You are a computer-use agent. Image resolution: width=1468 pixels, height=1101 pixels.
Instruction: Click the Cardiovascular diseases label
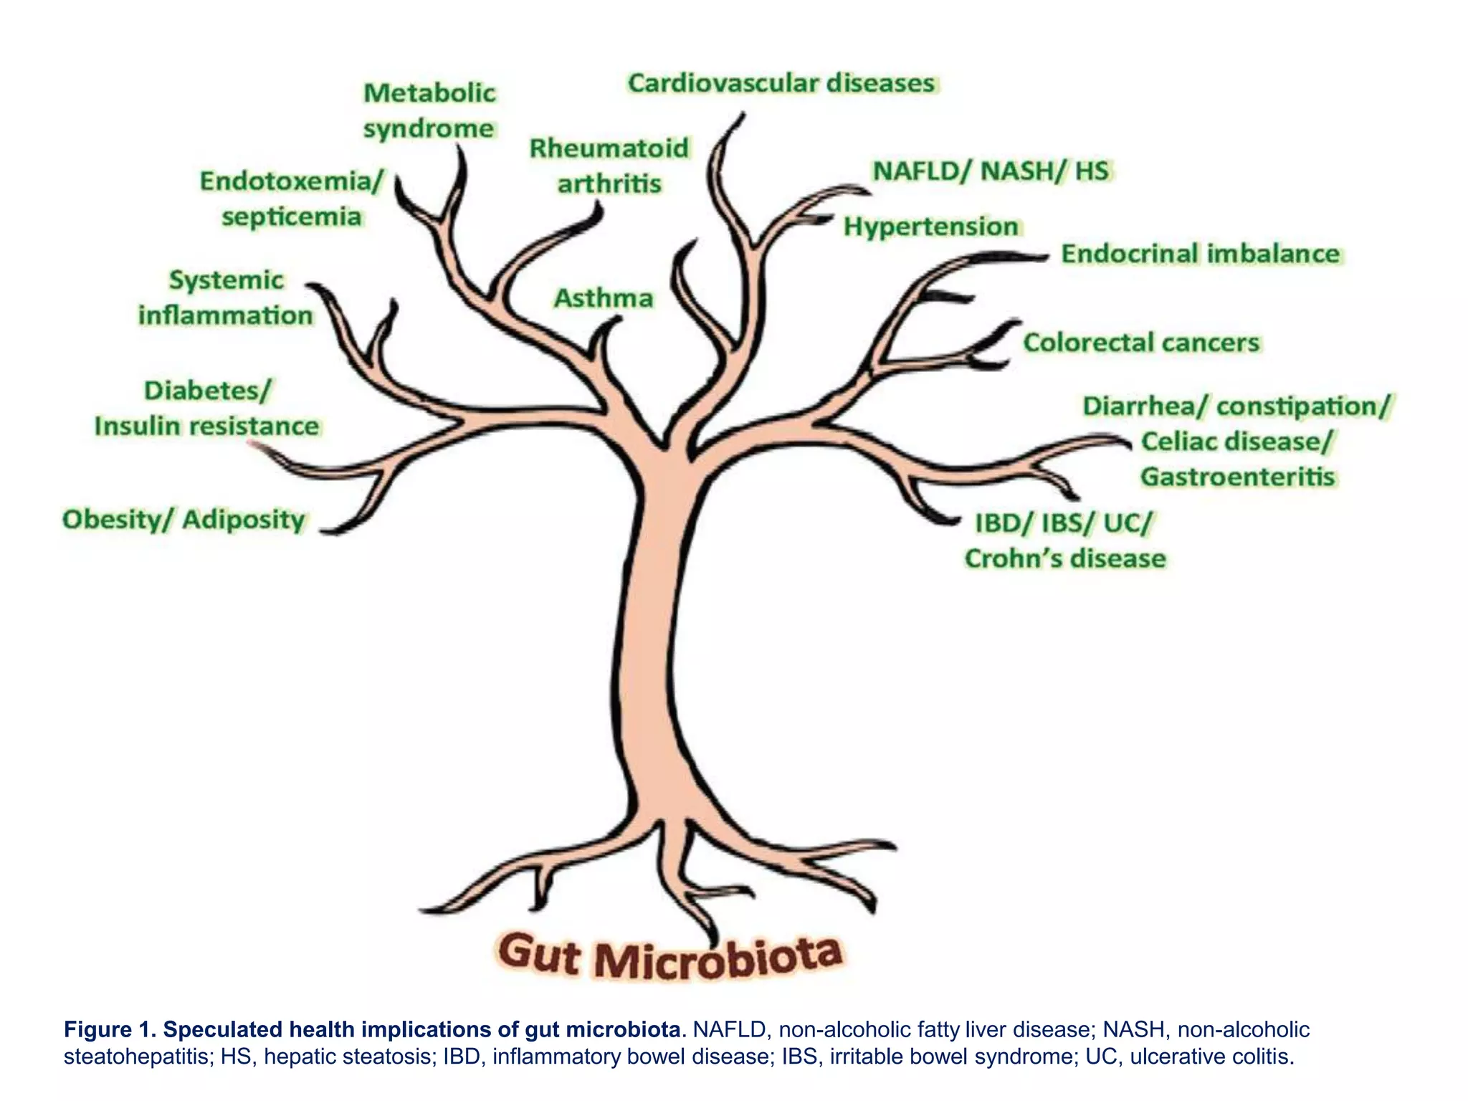[x=781, y=84]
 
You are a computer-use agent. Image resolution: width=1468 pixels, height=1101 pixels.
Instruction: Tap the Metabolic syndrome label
[x=429, y=111]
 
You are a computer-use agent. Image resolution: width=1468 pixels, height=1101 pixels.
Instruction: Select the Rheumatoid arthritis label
[x=609, y=166]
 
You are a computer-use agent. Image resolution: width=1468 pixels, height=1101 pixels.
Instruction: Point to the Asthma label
[x=604, y=298]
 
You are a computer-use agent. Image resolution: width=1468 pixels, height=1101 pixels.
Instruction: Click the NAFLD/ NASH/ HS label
[x=991, y=171]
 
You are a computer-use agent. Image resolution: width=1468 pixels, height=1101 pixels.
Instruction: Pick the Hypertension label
[x=930, y=227]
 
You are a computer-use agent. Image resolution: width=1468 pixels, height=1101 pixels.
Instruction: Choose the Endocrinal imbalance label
[x=1200, y=254]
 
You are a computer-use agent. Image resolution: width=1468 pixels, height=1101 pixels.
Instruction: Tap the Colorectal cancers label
[x=1141, y=343]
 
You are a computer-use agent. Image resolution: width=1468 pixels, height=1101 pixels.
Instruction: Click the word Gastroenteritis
[x=1238, y=477]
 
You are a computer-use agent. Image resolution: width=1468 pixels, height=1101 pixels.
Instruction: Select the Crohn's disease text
[x=1065, y=558]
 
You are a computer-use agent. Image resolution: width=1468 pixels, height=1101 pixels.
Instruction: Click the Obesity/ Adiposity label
[x=183, y=520]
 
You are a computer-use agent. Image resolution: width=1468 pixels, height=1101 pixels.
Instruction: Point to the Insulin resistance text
[x=206, y=426]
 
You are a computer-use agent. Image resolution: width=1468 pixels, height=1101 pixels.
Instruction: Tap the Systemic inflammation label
[x=226, y=297]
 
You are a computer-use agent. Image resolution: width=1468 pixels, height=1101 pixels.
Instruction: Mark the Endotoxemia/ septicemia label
[x=292, y=199]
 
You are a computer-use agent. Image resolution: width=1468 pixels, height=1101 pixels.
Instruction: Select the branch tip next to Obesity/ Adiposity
[x=327, y=530]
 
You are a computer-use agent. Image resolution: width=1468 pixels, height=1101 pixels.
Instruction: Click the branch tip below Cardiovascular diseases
[x=741, y=116]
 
